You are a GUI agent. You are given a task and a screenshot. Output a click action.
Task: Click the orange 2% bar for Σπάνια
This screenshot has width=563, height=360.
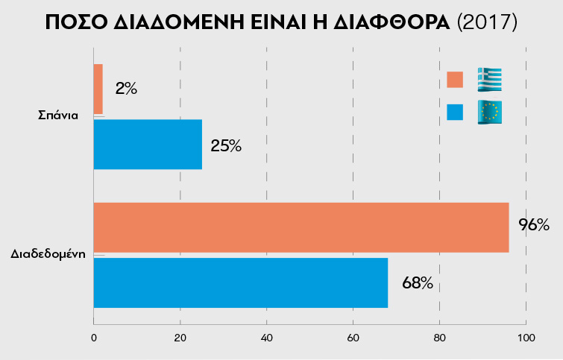(98, 89)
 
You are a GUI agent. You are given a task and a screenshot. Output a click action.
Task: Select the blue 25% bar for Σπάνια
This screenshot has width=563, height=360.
(148, 145)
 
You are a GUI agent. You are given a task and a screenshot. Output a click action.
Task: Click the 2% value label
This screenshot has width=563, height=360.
(126, 89)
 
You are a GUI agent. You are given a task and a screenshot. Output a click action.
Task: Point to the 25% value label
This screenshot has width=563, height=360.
(226, 145)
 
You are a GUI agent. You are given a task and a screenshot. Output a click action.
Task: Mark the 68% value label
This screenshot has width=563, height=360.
(418, 283)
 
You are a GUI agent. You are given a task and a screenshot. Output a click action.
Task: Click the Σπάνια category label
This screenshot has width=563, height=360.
(58, 116)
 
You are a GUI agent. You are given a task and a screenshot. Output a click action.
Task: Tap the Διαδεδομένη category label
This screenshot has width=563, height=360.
(48, 254)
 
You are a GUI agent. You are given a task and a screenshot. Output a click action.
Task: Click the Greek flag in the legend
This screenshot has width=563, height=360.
(490, 79)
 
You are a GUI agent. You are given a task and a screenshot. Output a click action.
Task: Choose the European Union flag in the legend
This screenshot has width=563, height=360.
(490, 112)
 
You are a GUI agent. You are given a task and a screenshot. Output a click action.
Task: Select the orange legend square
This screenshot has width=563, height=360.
(455, 80)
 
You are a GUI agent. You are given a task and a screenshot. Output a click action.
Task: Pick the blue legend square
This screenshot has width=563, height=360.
(455, 112)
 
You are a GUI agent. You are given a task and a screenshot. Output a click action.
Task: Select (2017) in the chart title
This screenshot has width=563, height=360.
(486, 22)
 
